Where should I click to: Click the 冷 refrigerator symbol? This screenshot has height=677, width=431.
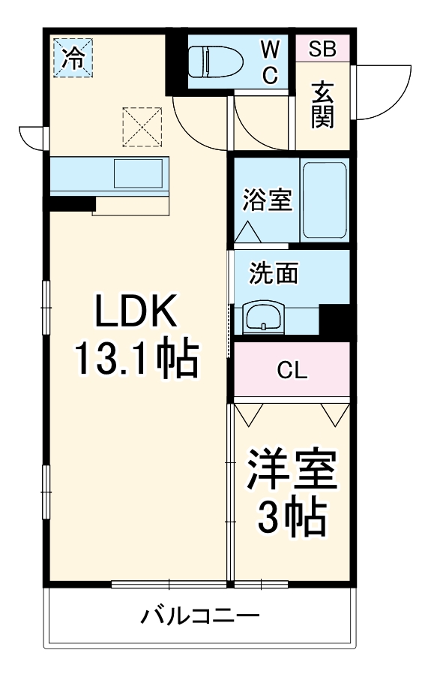pyautogui.click(x=73, y=57)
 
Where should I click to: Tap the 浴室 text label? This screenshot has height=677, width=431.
pyautogui.click(x=266, y=201)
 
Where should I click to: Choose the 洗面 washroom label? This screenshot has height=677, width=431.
pyautogui.click(x=274, y=273)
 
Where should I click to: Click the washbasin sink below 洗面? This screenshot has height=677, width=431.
pyautogui.click(x=263, y=317)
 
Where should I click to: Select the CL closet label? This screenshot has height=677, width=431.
pyautogui.click(x=292, y=370)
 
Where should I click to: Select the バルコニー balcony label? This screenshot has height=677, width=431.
pyautogui.click(x=201, y=617)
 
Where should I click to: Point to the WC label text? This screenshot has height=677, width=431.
pyautogui.click(x=270, y=62)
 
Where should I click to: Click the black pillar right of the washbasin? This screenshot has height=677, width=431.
pyautogui.click(x=334, y=321)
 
